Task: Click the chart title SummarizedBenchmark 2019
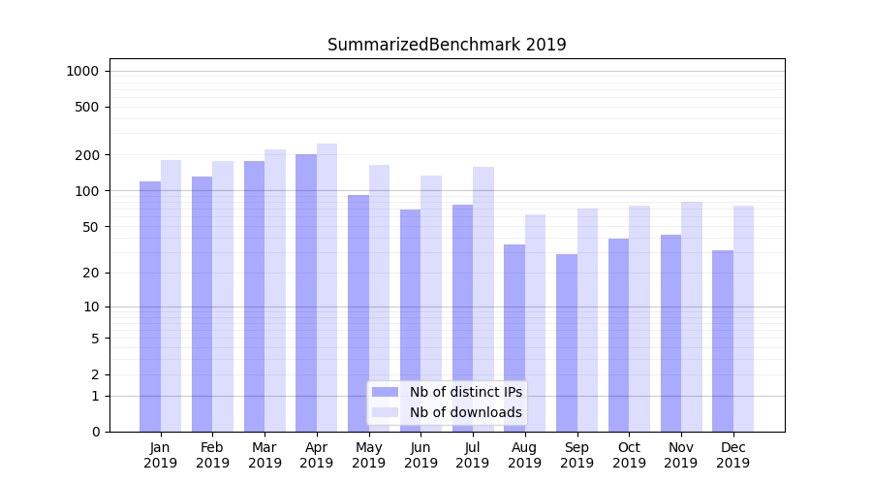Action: coord(447,45)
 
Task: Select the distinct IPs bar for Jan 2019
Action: coord(150,307)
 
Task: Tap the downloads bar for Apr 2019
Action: coord(327,287)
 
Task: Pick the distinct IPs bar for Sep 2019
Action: coord(567,342)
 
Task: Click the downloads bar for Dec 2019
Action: coord(743,318)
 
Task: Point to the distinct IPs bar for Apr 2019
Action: coord(306,293)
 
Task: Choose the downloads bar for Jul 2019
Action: coord(483,299)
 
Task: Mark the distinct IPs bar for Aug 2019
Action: coord(514,338)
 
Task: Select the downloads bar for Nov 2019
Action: coord(691,316)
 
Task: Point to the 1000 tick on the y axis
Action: coord(82,71)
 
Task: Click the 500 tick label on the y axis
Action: coord(87,107)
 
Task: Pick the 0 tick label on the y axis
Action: coord(95,432)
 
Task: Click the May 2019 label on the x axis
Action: coord(369,455)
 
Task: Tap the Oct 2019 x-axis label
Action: coord(629,455)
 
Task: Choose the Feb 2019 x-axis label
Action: coord(212,455)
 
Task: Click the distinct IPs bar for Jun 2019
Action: coord(411,320)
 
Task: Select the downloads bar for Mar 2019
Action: coord(275,290)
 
